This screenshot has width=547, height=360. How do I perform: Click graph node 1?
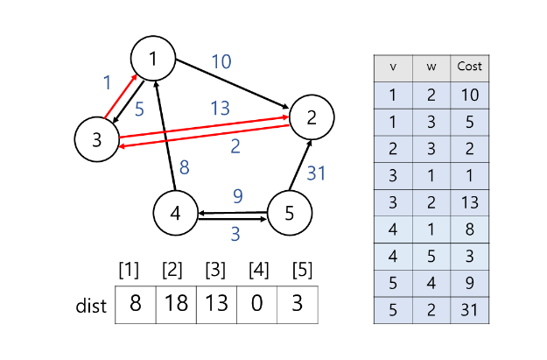[x=154, y=59]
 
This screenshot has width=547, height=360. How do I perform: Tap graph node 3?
[x=97, y=139]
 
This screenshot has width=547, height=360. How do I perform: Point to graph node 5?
[x=290, y=212]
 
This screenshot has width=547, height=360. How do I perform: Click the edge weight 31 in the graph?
[x=316, y=173]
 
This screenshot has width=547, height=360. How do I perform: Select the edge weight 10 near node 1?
[x=221, y=61]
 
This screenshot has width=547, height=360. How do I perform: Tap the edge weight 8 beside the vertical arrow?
[x=184, y=168]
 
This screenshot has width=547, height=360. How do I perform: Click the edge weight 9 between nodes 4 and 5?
[x=237, y=196]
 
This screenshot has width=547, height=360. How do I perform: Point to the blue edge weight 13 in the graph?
[x=220, y=108]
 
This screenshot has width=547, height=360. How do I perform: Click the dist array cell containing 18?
[x=176, y=306]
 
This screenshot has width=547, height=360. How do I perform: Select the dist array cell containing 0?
[x=256, y=306]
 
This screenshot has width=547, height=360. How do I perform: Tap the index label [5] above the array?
[x=297, y=270]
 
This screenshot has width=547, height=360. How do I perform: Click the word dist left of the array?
[x=91, y=307]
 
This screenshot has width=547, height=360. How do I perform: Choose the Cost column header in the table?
[x=469, y=67]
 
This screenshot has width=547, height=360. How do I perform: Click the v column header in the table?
[x=393, y=67]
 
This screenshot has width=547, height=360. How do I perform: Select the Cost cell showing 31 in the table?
[x=469, y=311]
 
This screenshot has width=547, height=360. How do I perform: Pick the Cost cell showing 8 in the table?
[x=469, y=229]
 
